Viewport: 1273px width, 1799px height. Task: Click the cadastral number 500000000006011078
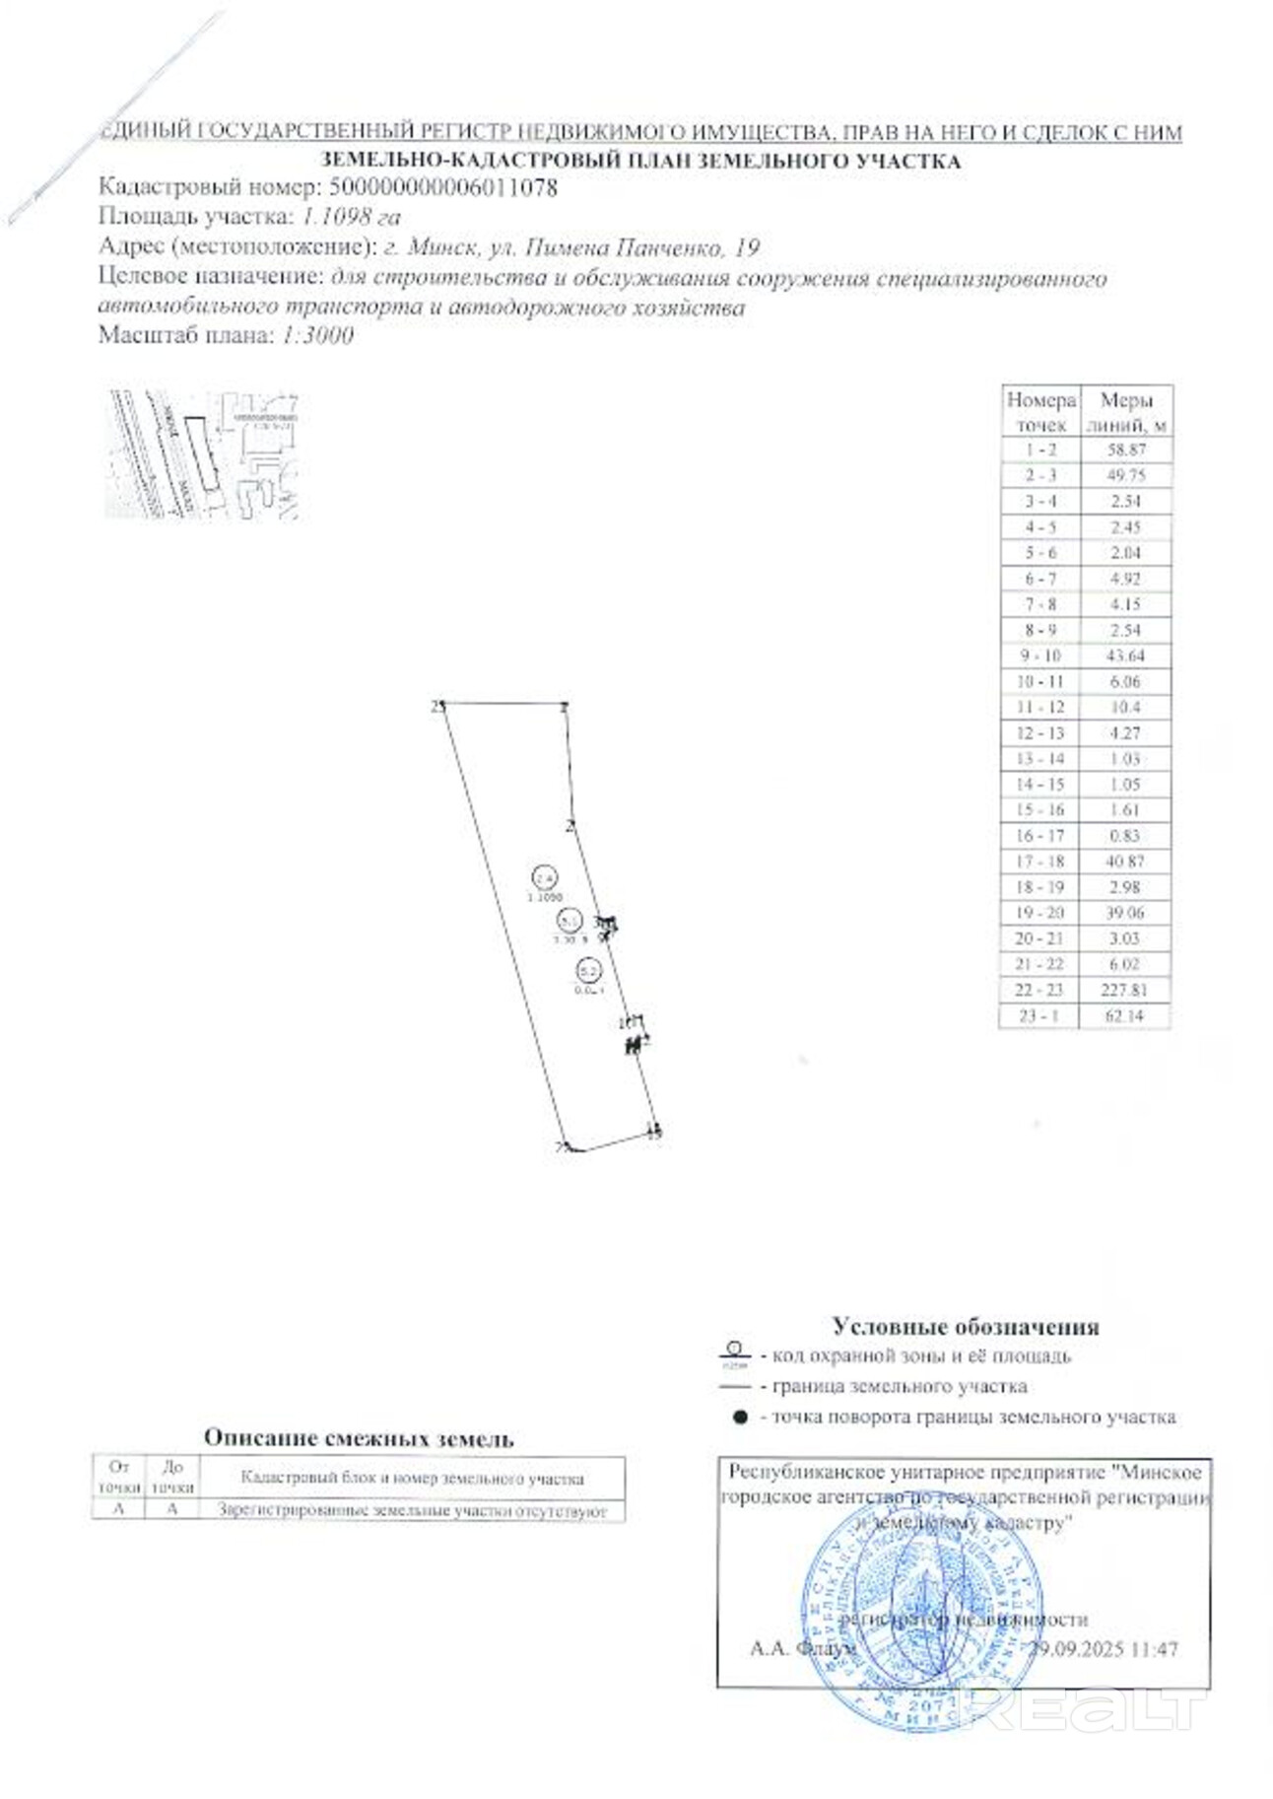[442, 187]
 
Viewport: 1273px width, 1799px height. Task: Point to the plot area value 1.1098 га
[351, 217]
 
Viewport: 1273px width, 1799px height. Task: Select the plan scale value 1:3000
[317, 335]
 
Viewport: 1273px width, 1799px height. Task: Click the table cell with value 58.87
[1125, 450]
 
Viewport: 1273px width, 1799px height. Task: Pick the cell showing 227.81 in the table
[1124, 990]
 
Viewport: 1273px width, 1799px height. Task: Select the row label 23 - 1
[1039, 1015]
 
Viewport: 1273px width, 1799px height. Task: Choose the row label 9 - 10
[1039, 656]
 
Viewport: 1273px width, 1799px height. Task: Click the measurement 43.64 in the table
[1125, 656]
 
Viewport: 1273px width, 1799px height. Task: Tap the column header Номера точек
[1040, 412]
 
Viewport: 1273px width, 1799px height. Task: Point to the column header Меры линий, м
[1125, 412]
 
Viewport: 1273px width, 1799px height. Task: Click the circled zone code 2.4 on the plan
[544, 877]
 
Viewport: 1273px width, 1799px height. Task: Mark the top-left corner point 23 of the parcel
[442, 705]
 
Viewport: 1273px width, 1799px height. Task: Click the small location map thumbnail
[202, 454]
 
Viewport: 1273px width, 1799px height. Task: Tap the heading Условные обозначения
[965, 1327]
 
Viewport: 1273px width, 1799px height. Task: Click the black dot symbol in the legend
[739, 1418]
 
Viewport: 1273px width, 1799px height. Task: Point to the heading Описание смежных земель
[359, 1438]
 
